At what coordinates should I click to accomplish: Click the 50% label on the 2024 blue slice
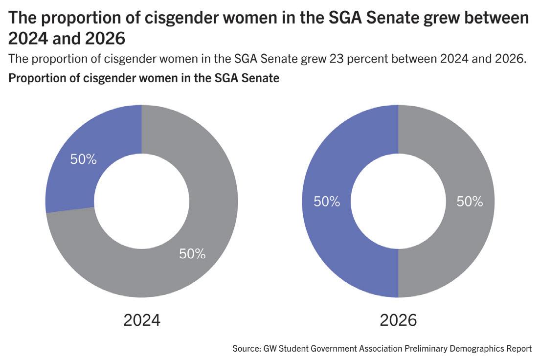(84, 160)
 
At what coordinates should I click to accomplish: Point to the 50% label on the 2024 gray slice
(192, 254)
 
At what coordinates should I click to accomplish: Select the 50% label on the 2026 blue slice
(327, 202)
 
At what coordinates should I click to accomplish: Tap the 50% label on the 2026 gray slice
(470, 202)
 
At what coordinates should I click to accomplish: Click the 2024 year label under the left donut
(142, 320)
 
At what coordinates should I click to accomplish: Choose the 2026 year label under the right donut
(398, 320)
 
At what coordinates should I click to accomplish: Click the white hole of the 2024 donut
(142, 201)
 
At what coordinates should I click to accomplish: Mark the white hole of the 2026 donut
(398, 201)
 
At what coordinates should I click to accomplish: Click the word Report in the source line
(519, 349)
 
